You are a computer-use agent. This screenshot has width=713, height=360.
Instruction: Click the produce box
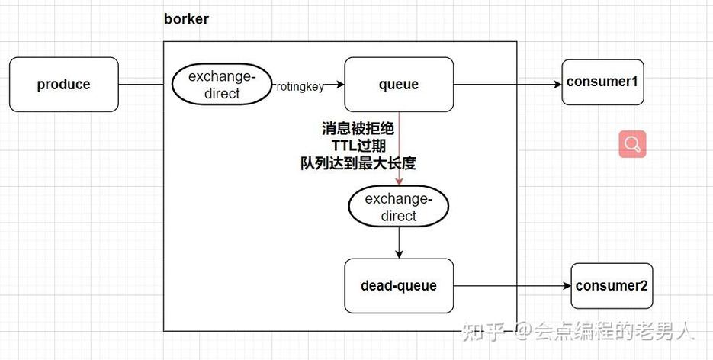click(64, 85)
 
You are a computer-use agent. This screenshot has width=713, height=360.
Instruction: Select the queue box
click(399, 85)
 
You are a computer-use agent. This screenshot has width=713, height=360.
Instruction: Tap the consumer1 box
click(602, 80)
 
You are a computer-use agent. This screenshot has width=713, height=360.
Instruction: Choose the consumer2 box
click(612, 286)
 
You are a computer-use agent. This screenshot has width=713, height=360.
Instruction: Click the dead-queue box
click(399, 286)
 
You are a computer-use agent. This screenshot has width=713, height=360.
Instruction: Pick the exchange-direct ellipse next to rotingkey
click(222, 85)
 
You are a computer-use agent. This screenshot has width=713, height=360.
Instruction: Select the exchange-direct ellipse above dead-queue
click(399, 207)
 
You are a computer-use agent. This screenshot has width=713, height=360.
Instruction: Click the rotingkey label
click(300, 86)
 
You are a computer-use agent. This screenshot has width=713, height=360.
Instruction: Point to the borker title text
click(186, 19)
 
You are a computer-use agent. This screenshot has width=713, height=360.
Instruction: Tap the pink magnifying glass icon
click(632, 144)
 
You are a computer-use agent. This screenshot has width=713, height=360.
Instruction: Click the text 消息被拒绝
click(358, 129)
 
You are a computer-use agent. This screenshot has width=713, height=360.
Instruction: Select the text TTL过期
click(358, 146)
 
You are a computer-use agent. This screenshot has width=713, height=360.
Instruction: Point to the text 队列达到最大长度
click(358, 162)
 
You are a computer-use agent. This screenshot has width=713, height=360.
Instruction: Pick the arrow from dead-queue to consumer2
click(511, 286)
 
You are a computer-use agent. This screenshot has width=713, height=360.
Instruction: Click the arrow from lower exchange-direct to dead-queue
click(399, 243)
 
